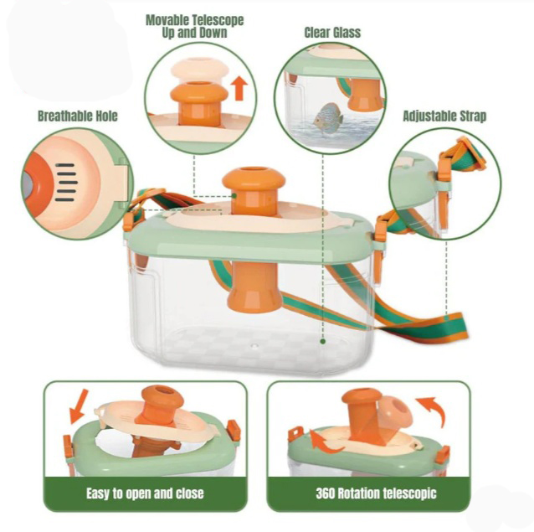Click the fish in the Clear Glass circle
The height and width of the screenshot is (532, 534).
327,116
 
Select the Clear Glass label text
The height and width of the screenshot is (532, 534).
332,33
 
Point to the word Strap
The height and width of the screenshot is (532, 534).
473,116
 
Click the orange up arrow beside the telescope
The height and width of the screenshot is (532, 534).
240,88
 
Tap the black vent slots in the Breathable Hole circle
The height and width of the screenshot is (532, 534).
65,183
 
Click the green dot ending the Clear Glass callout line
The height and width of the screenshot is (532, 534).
323,341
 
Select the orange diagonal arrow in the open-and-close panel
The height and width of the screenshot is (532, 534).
78,406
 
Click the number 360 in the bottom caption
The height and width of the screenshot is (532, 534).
326,493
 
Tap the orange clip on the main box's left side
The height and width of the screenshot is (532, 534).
129,221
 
